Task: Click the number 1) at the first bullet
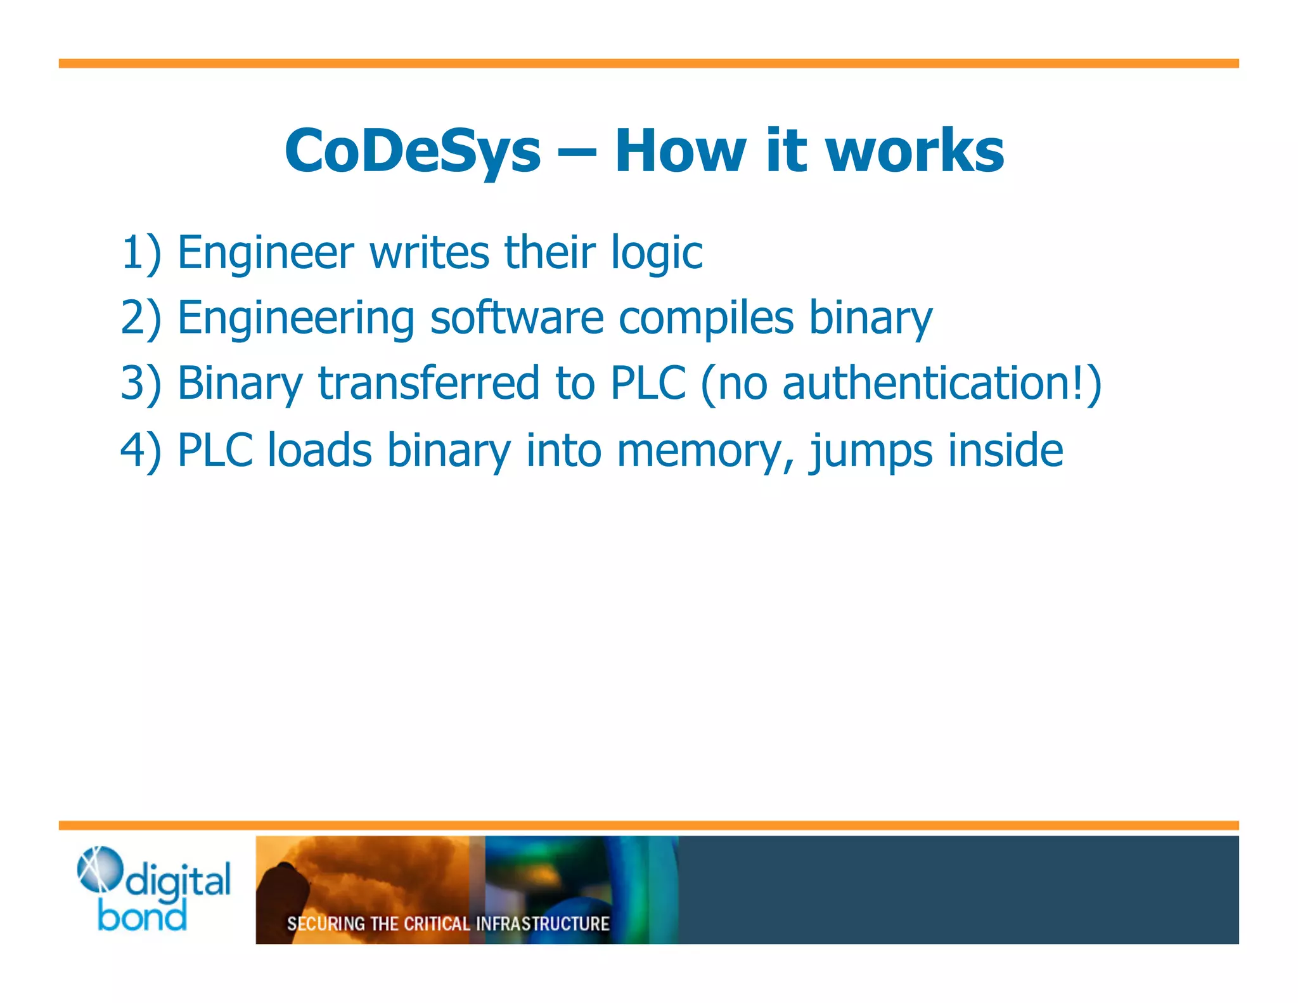click(141, 252)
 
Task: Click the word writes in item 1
click(429, 252)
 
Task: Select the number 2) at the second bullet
click(141, 318)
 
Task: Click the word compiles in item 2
click(705, 319)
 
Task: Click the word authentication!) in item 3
click(942, 384)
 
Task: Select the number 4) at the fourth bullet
click(141, 450)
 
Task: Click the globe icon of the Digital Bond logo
click(100, 869)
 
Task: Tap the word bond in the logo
click(142, 916)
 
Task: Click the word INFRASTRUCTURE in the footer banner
click(542, 924)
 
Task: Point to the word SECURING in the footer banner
click(326, 924)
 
